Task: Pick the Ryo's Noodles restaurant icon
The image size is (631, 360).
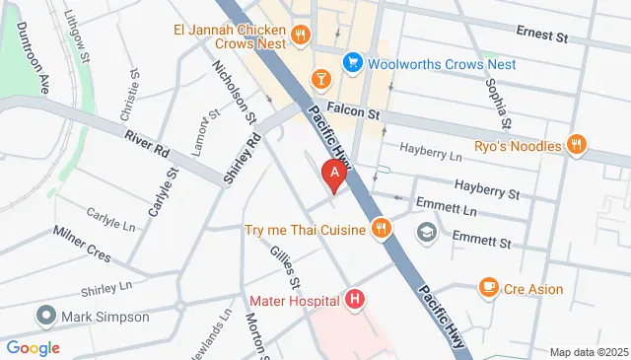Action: [x=578, y=146]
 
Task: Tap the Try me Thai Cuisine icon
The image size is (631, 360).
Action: [x=381, y=230]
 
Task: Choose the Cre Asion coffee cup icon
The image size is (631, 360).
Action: [x=487, y=288]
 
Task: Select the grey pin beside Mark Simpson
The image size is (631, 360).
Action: [x=45, y=317]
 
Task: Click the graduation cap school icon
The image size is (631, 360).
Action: [x=426, y=233]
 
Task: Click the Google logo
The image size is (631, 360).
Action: [x=33, y=347]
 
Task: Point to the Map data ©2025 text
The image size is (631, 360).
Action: [x=588, y=352]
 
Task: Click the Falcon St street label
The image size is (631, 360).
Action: [x=360, y=114]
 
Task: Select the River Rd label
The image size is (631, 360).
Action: [x=147, y=144]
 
